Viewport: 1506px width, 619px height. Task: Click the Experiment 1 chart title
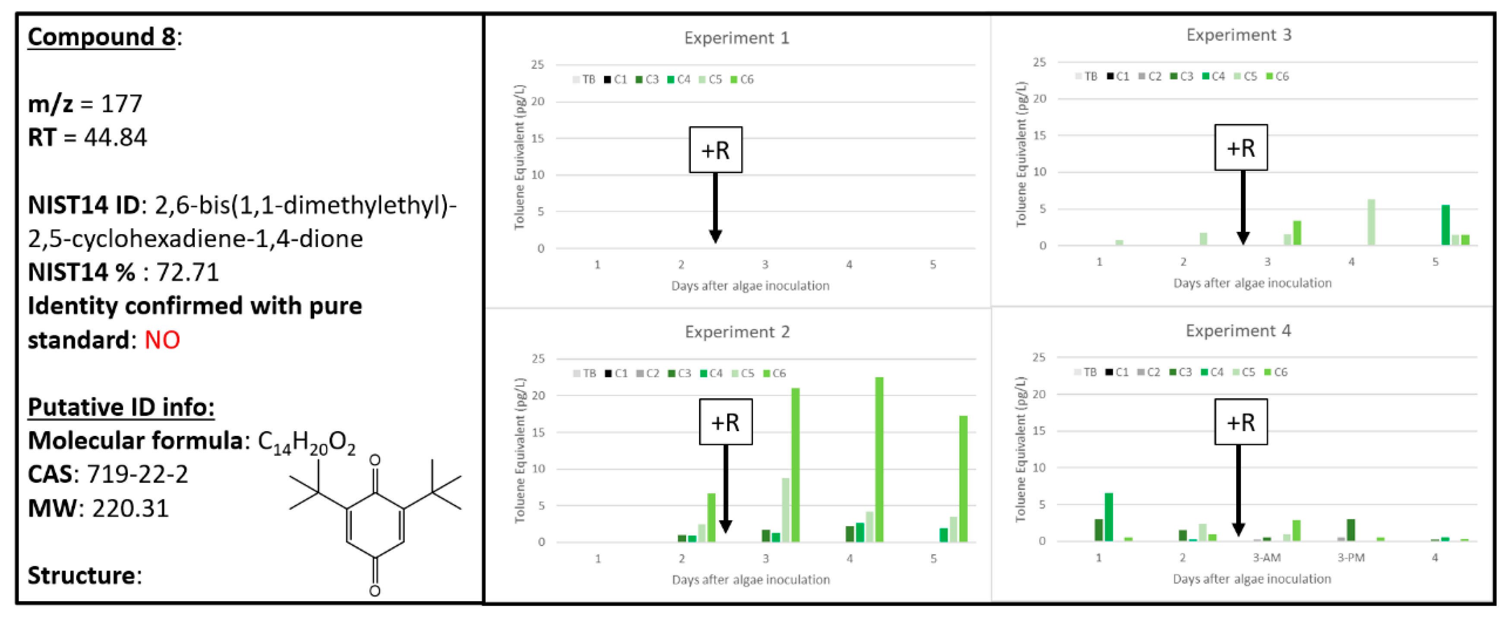(736, 38)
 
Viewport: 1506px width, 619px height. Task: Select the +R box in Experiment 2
(725, 422)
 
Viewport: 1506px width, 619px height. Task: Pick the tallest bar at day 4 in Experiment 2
(879, 459)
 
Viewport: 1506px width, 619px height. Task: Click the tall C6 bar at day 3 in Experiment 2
(795, 465)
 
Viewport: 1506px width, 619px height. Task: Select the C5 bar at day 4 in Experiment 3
(1371, 222)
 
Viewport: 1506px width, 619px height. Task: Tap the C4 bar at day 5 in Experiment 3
(1445, 225)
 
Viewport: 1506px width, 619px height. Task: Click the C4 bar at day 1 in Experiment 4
(1108, 517)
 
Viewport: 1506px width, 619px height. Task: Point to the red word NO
(162, 340)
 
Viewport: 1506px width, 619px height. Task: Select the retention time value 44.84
(115, 137)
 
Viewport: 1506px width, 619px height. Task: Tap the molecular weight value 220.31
(130, 508)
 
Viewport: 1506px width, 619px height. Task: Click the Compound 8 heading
(101, 37)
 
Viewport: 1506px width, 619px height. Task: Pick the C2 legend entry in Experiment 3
(1150, 76)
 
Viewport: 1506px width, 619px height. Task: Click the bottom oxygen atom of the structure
(375, 591)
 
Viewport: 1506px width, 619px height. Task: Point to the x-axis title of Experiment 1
(750, 286)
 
